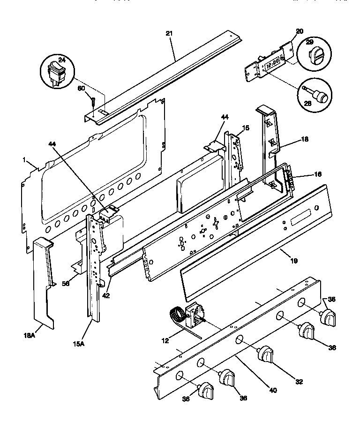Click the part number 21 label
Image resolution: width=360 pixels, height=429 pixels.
(170, 33)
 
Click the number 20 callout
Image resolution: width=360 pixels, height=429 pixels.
(300, 31)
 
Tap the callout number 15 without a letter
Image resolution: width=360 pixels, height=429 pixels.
(246, 128)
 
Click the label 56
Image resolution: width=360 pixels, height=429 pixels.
(66, 283)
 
